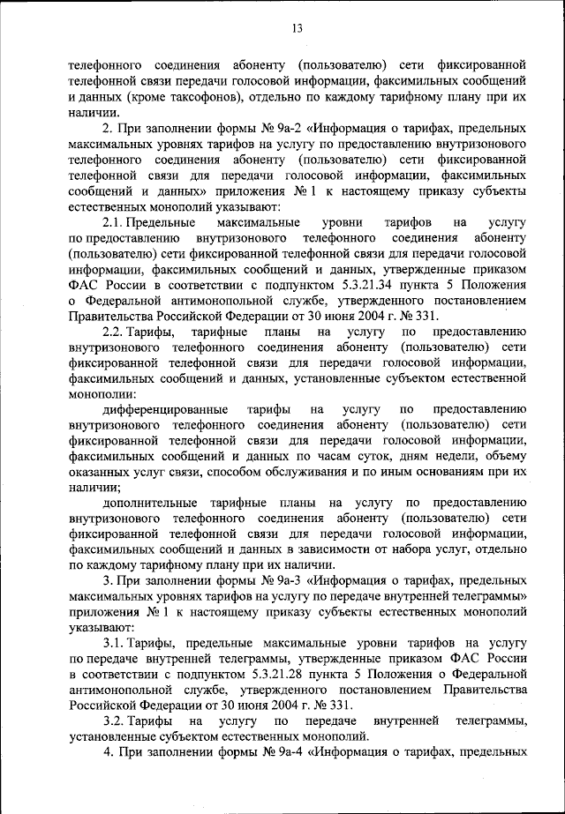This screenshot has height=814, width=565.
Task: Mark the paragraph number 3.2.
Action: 118,721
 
